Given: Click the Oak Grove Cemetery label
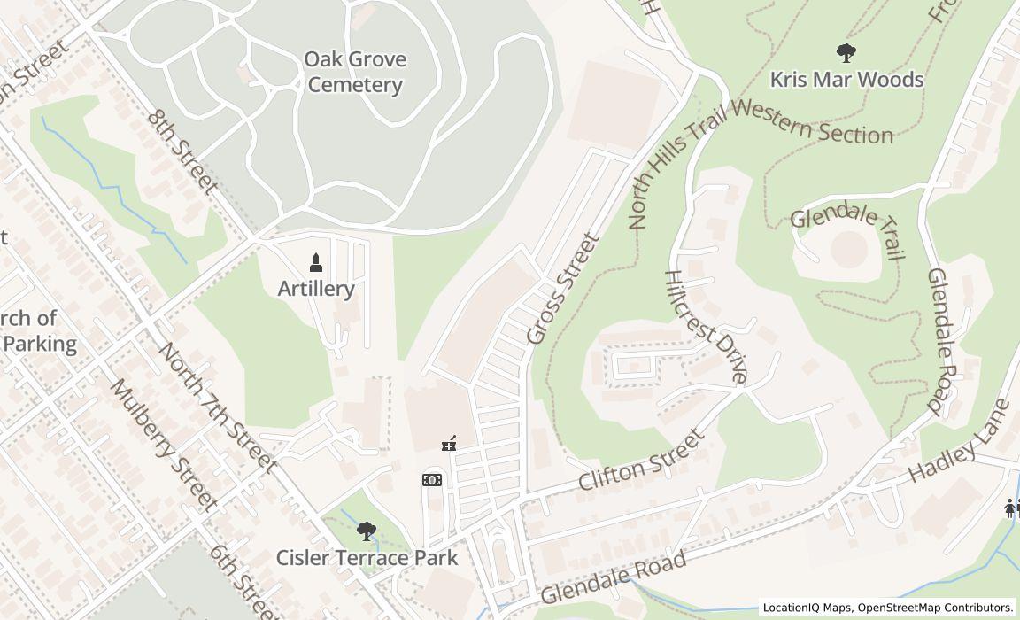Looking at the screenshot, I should coord(355,73).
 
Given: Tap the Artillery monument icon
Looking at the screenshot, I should coord(316,262).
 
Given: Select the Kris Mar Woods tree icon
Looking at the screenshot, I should coord(846,53).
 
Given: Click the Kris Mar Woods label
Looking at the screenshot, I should coord(846,80).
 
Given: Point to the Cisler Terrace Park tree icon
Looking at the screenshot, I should coord(367,531).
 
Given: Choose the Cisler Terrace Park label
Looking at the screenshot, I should coord(367,558).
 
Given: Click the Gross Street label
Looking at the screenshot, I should coord(563,289).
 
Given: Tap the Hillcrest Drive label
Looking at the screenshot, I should coord(706,326).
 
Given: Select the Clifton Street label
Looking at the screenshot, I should coord(642,461).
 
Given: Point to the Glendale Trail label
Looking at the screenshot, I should coord(847,231).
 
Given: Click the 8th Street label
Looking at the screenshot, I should coord(182,151).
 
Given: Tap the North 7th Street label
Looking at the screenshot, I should coord(217,406).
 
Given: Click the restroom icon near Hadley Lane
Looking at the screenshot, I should coord(1010,508).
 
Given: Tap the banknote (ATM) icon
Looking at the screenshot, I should coord(432,480).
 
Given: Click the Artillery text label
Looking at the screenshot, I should coord(316,289).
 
